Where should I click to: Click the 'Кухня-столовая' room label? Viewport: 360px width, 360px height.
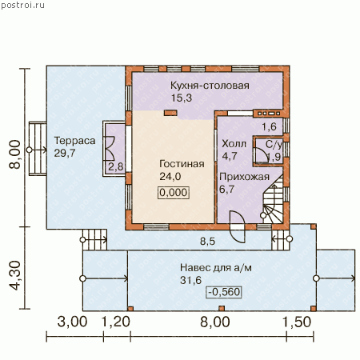210,86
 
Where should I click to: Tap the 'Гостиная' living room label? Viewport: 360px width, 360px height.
182,164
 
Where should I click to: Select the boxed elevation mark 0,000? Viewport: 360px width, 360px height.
174,193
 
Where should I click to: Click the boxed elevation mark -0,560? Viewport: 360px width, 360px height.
224,292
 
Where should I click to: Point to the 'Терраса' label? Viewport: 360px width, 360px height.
74,141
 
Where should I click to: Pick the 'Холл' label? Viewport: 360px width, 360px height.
234,144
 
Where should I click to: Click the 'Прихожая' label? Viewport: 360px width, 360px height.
244,177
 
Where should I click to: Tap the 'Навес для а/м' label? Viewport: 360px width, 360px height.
216,267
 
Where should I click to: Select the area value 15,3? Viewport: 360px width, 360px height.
182,98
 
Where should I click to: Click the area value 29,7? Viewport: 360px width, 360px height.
65,153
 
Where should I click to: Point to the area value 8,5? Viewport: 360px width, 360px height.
207,242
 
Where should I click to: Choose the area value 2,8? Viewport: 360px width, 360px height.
116,166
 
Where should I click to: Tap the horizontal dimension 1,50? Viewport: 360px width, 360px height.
297,322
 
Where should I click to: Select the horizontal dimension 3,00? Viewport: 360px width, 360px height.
72,322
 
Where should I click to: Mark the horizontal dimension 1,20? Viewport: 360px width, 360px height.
116,322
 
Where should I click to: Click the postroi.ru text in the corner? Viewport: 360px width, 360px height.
22,6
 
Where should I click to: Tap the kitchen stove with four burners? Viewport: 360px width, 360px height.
266,114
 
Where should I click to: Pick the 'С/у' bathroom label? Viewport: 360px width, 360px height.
274,145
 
